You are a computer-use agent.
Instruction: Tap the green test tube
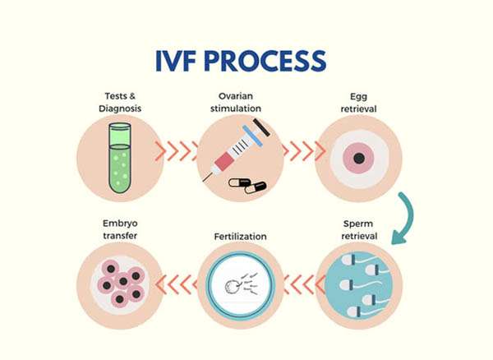(x=119, y=158)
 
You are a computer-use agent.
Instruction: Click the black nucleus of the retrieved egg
(x=359, y=158)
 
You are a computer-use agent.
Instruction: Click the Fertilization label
(x=240, y=237)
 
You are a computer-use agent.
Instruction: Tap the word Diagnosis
(x=120, y=108)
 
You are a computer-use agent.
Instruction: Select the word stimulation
(x=236, y=108)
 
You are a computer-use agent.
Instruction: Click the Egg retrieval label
(x=359, y=103)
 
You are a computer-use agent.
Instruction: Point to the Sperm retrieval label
(x=359, y=230)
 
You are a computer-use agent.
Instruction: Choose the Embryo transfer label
(x=120, y=229)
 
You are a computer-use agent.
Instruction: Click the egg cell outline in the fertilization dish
(x=233, y=286)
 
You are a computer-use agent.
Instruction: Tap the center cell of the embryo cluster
(x=123, y=281)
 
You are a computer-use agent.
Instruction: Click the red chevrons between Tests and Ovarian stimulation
(x=177, y=151)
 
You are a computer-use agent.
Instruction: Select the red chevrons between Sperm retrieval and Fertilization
(x=304, y=284)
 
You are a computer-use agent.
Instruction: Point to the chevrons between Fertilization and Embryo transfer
(x=177, y=284)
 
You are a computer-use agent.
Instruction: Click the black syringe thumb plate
(x=261, y=127)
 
